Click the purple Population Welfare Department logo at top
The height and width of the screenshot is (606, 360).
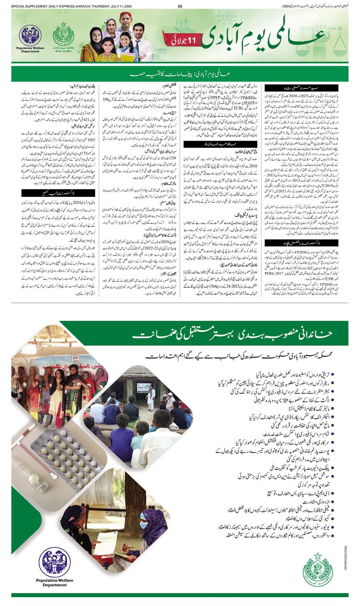pos(30,36)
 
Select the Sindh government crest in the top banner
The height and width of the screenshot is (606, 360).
pos(64,35)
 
